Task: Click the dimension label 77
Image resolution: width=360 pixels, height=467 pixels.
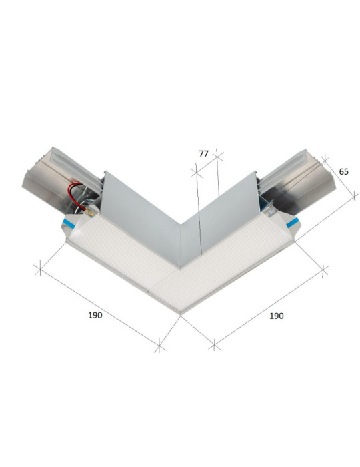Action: pyautogui.click(x=204, y=153)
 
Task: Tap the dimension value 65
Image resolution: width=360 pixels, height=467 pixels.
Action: pyautogui.click(x=344, y=171)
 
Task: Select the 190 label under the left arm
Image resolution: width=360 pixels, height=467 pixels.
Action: pyautogui.click(x=95, y=315)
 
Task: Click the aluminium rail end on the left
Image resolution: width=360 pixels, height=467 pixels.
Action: pyautogui.click(x=47, y=176)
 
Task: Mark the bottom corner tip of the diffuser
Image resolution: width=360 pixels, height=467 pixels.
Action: pyautogui.click(x=180, y=312)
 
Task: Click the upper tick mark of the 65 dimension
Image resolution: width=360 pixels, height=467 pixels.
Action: pyautogui.click(x=325, y=159)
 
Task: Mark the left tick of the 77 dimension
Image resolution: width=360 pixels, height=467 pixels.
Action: pyautogui.click(x=197, y=173)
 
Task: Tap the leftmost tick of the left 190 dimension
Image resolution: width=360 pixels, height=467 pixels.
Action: pyautogui.click(x=39, y=270)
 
